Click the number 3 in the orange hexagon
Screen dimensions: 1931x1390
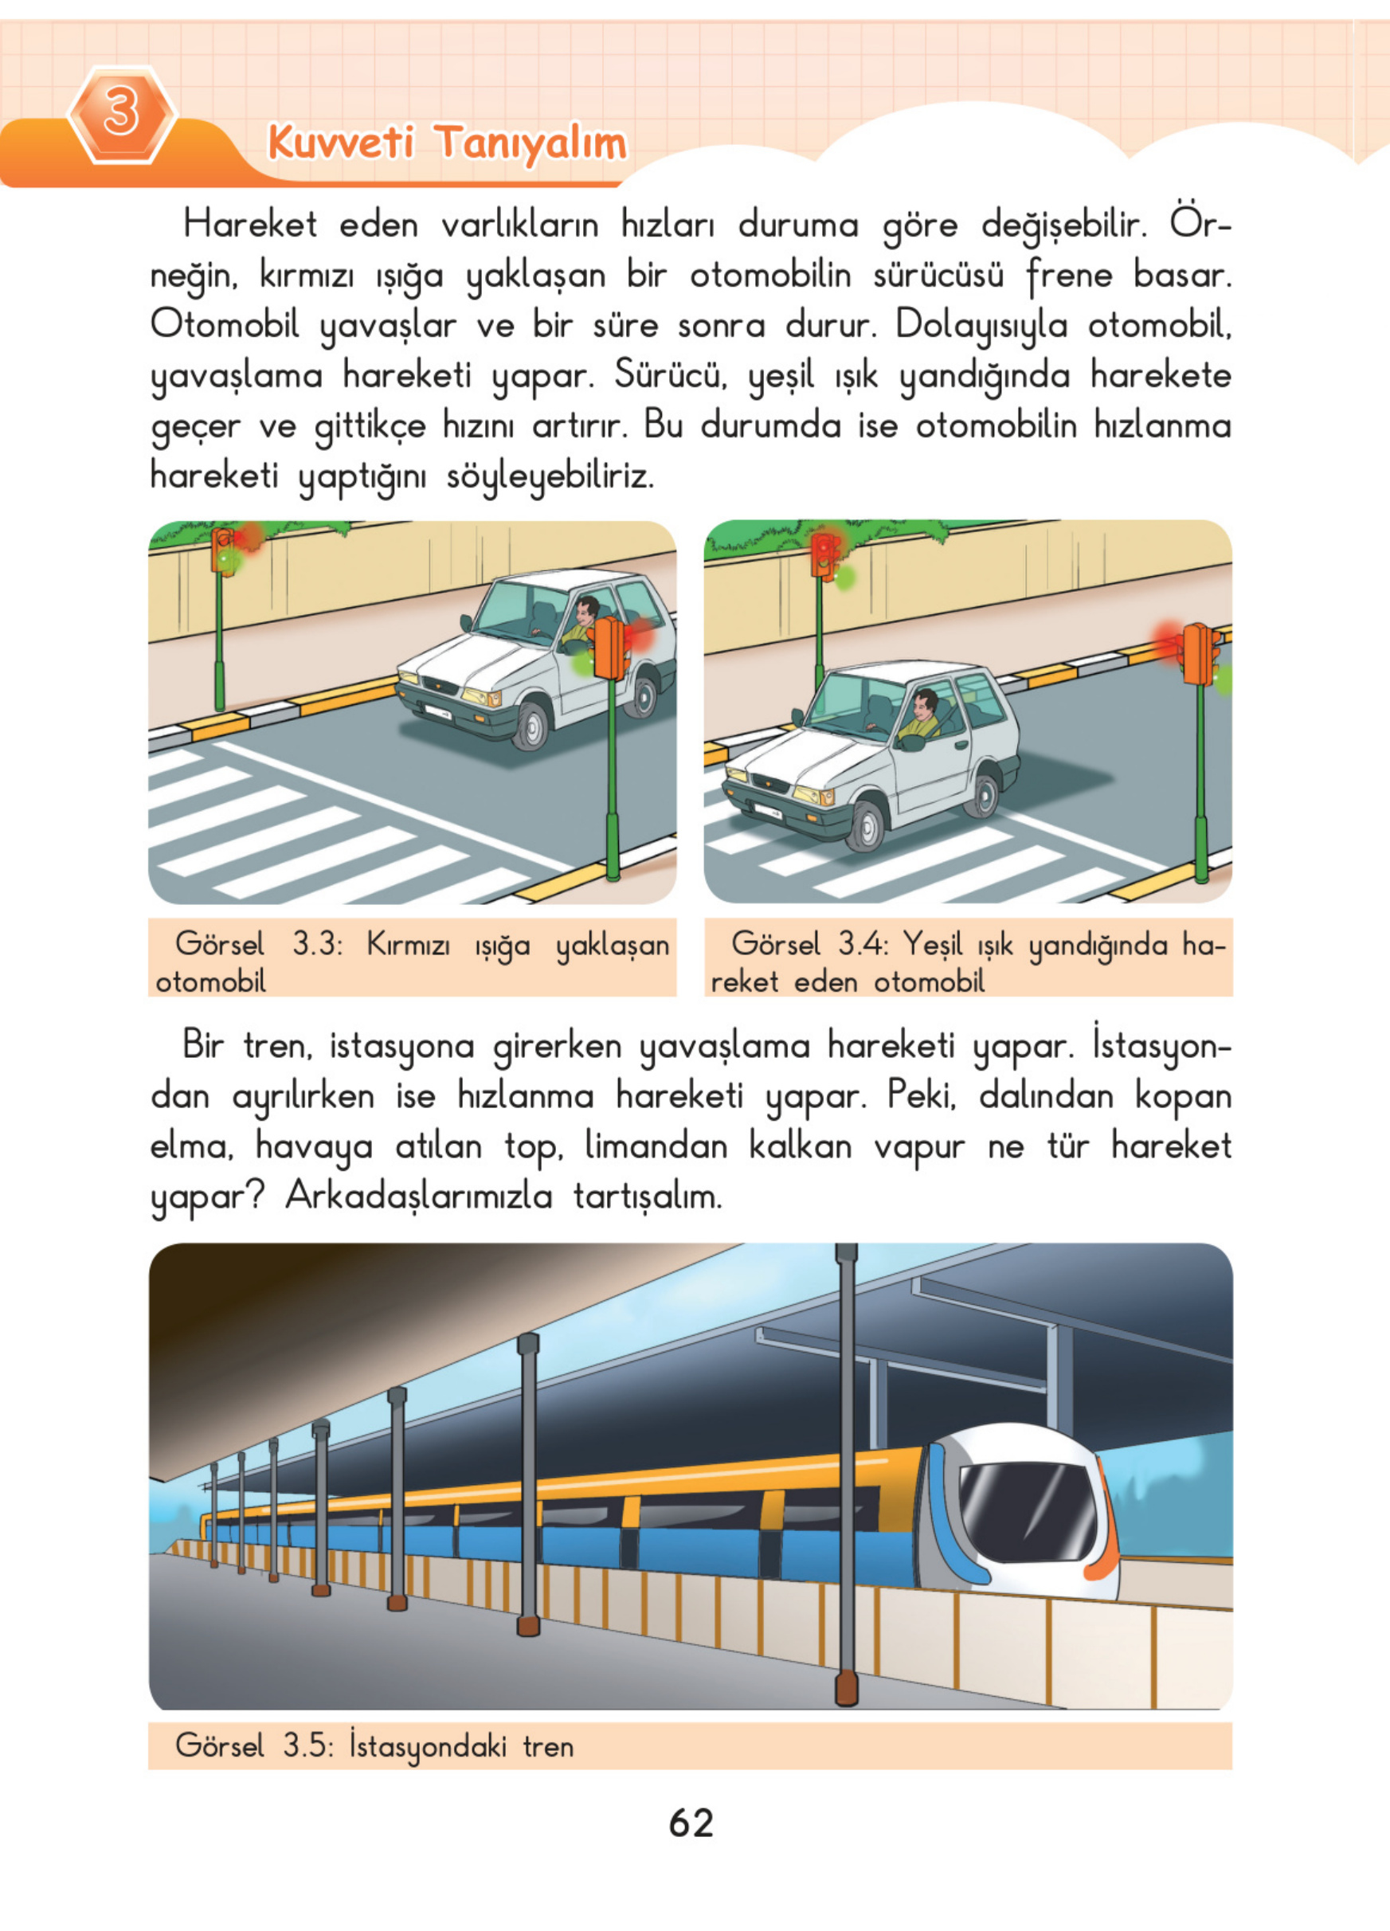pyautogui.click(x=121, y=113)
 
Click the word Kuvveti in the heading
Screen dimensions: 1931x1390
pyautogui.click(x=340, y=141)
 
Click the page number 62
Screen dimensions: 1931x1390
pyautogui.click(x=691, y=1823)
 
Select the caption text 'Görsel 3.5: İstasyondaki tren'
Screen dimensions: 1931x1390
pyautogui.click(x=374, y=1746)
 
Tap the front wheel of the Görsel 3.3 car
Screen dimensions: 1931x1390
pyautogui.click(x=531, y=726)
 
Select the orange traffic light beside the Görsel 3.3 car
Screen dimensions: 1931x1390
pyautogui.click(x=610, y=647)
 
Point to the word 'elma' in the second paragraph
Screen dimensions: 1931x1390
pyautogui.click(x=190, y=1146)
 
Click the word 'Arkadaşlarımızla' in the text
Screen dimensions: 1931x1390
pyautogui.click(x=418, y=1197)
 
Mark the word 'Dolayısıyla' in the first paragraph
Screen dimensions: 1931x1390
pyautogui.click(x=981, y=326)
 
